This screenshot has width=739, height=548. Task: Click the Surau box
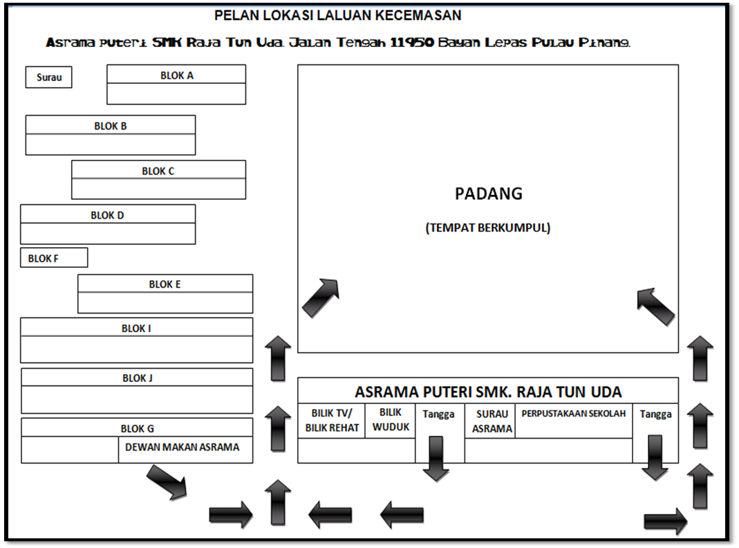click(49, 77)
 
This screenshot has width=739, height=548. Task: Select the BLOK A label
click(176, 75)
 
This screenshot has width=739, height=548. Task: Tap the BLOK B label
click(111, 126)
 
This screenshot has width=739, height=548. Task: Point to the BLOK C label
click(158, 171)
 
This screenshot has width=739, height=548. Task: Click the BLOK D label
click(107, 215)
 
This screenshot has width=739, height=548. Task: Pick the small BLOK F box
click(54, 258)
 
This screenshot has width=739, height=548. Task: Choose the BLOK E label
click(165, 284)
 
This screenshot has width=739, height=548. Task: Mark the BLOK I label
click(136, 328)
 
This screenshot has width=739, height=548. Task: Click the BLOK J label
click(137, 378)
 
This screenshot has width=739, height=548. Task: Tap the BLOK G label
click(137, 428)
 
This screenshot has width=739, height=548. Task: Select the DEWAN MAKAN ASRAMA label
click(183, 447)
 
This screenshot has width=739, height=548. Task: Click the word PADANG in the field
click(488, 194)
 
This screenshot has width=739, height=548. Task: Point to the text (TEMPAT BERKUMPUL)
click(488, 228)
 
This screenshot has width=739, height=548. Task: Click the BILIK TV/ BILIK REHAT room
click(332, 421)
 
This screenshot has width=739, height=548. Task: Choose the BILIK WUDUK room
click(391, 419)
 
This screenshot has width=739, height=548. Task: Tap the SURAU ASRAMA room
click(492, 421)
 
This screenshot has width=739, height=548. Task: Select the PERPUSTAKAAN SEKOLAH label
click(574, 414)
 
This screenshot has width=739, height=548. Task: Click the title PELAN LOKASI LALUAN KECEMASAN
click(337, 15)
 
